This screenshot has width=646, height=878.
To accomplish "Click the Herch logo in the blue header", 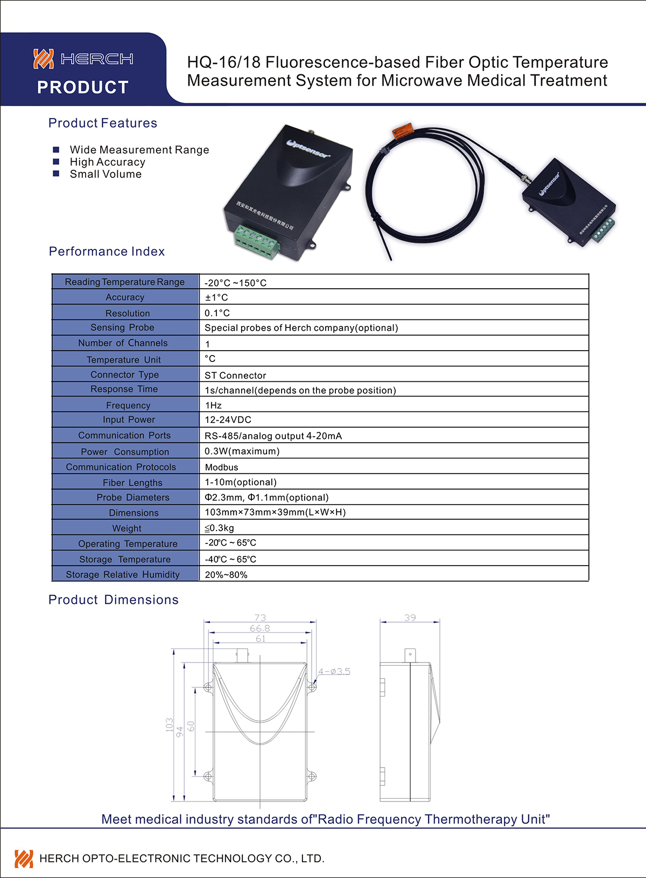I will pos(83,59).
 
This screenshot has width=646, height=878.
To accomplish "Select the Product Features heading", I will pos(103,123).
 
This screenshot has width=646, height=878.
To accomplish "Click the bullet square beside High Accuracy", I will pos(56,162).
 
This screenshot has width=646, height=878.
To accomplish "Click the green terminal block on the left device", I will pos(256,242).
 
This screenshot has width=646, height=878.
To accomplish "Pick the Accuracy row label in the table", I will pos(125,297).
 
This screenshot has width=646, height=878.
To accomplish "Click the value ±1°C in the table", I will pos(216,297).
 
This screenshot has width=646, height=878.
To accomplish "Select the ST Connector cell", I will pos(235,375).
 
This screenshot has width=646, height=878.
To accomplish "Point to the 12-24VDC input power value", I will pos(228,420).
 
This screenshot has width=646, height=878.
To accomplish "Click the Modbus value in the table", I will pos(221,468).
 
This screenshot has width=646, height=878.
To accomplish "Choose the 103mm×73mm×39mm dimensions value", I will pos(275,512).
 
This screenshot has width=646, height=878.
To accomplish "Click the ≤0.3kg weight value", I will pos(219,528).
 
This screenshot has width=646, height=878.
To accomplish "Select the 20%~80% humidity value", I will pos(226,575).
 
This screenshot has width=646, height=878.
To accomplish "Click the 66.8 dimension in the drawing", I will pos(260,629).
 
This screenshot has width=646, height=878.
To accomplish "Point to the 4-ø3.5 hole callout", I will pos(334,672).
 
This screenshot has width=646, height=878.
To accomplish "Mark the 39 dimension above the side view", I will pos(410,618).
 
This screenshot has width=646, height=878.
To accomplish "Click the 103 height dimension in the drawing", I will pos(170,724).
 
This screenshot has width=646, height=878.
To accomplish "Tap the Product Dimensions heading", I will pos(114,600).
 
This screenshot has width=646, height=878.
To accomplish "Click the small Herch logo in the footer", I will pos(24,859).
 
